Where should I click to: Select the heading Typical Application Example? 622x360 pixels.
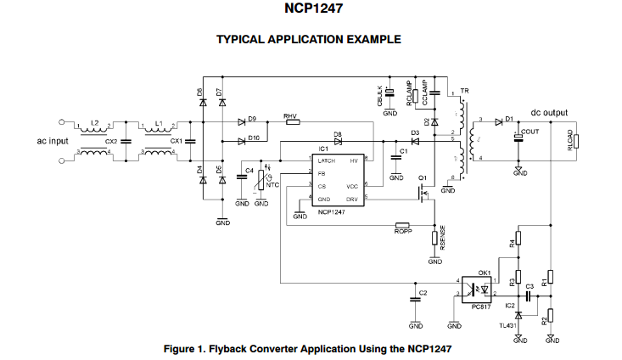pos(308,39)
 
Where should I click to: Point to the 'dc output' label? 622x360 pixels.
pos(549,112)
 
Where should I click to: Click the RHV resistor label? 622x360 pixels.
pos(290,115)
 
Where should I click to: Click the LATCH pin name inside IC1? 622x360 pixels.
pos(328,160)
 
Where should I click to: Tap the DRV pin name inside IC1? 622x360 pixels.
pos(353,198)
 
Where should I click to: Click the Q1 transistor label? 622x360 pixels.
pos(423,177)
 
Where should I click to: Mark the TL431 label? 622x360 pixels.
pos(508,324)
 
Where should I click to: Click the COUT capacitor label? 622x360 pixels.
pos(531,132)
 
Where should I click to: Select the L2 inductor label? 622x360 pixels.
pos(95,124)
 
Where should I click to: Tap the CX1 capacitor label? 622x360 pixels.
pos(177,141)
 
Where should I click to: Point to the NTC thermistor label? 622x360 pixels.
pos(272,184)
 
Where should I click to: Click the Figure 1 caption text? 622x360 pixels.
pos(306,348)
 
